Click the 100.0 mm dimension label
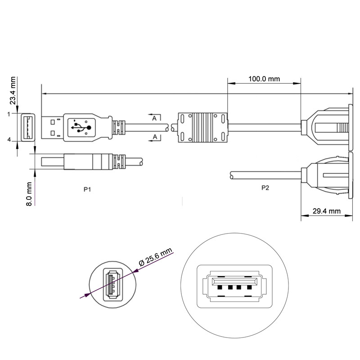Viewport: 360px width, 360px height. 264,79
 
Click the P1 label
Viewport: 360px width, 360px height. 88,189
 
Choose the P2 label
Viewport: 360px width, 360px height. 265,188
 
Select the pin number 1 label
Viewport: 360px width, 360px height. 9,114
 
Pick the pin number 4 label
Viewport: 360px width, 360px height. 9,140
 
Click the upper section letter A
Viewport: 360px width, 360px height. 154,118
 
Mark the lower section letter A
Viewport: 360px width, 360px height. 154,136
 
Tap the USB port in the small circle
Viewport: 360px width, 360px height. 112,285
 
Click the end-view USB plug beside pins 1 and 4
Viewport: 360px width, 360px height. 27,127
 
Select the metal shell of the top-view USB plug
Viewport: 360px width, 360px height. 52,127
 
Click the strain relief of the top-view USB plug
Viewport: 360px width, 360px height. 119,127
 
